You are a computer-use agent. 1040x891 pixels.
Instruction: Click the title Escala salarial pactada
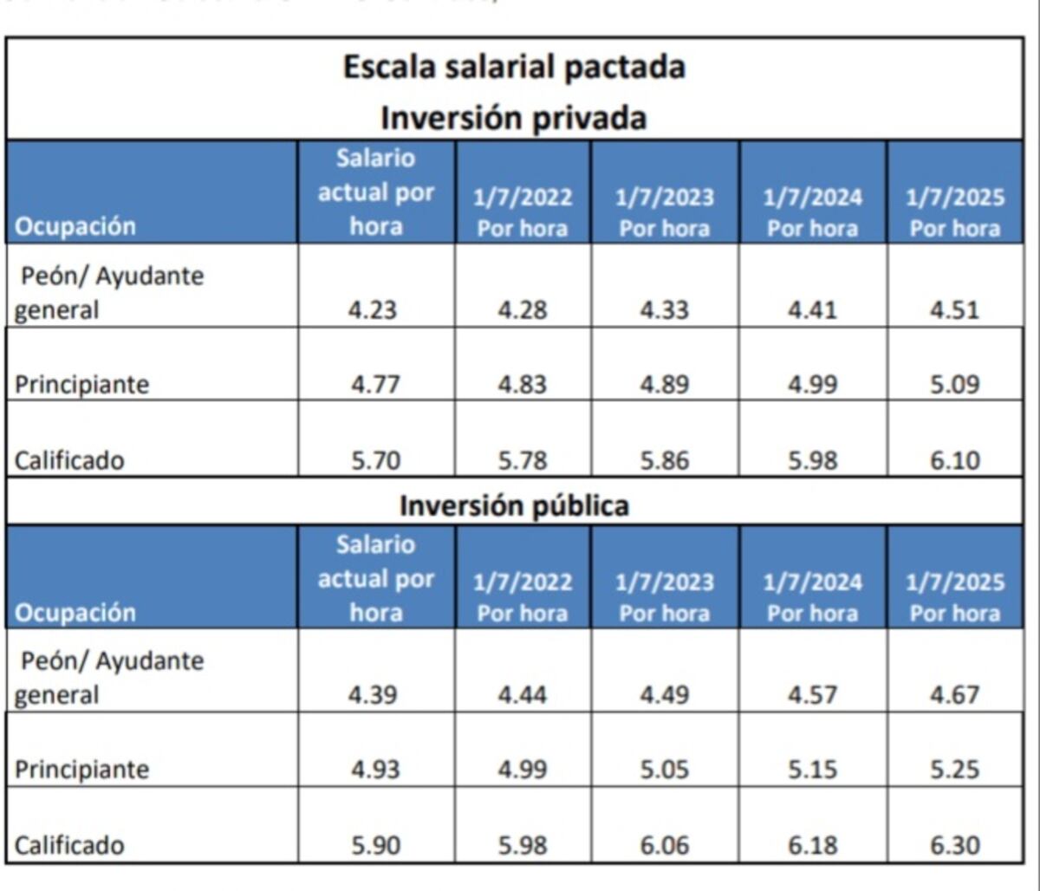(514, 68)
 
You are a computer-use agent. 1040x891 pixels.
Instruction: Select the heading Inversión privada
(514, 117)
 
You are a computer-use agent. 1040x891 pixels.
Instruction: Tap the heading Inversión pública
(514, 505)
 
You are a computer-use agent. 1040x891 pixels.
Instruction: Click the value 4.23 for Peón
(375, 309)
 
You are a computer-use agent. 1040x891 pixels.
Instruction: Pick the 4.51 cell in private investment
(954, 309)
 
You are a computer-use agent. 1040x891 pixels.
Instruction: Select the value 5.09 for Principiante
(954, 384)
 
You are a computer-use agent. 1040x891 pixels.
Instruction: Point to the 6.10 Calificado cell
(954, 460)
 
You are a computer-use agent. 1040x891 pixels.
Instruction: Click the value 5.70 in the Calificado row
(375, 460)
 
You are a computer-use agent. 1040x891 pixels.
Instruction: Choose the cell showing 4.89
(665, 384)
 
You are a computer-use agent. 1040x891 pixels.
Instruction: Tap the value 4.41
(812, 309)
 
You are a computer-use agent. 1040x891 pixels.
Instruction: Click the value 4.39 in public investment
(375, 694)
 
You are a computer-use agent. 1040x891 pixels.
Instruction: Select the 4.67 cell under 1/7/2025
(954, 694)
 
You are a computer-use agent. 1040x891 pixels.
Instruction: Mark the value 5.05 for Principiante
(665, 769)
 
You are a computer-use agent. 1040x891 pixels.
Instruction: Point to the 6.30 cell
(954, 845)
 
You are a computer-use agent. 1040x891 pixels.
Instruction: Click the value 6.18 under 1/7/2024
(812, 845)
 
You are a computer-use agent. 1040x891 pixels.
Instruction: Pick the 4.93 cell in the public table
(375, 769)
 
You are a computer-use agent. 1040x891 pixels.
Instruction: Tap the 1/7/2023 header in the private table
(665, 212)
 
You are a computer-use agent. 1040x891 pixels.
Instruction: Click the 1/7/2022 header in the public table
(523, 597)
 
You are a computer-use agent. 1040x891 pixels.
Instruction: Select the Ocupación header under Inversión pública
(75, 613)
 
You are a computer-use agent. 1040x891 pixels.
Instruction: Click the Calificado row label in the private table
(69, 460)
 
